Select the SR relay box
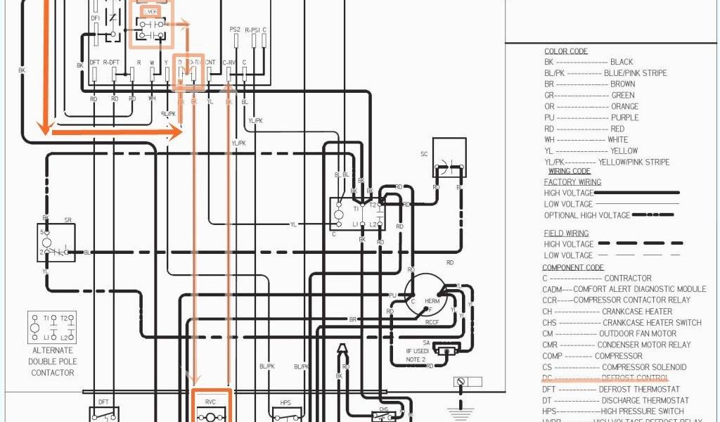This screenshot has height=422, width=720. click(x=57, y=243)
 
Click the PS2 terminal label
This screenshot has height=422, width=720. click(x=235, y=29)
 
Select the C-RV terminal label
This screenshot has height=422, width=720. click(x=229, y=63)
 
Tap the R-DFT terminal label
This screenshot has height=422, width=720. click(x=111, y=63)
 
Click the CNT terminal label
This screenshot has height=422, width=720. click(x=210, y=63)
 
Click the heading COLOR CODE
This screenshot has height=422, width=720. click(x=566, y=51)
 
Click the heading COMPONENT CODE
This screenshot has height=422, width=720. click(x=573, y=267)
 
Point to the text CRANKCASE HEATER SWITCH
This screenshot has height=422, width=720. click(x=652, y=322)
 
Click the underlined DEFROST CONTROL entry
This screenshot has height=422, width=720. click(x=634, y=378)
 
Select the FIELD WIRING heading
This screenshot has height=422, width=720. click(x=566, y=233)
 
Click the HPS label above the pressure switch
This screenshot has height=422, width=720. click(x=285, y=403)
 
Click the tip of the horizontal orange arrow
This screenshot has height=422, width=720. click(x=181, y=131)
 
